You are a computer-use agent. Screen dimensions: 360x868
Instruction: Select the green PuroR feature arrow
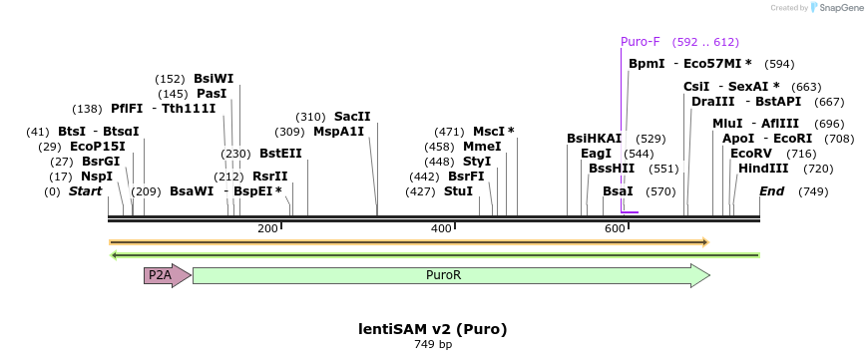(449, 275)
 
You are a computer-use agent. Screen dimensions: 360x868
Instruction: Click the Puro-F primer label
(641, 42)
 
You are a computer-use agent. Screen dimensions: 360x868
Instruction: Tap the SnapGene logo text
(840, 8)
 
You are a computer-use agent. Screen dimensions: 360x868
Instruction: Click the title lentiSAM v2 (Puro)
(433, 328)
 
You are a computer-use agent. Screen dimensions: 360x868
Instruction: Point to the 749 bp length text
(433, 345)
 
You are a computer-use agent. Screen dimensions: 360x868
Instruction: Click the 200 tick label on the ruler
(267, 229)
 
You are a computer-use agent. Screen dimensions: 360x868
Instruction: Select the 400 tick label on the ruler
(441, 229)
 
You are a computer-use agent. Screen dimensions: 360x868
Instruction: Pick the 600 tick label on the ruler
(615, 229)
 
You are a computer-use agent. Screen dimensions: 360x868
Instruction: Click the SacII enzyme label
(352, 116)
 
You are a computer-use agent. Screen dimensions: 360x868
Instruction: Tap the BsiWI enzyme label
(214, 79)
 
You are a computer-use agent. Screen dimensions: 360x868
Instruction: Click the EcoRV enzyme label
(751, 154)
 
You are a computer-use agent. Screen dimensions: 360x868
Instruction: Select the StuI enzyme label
(458, 190)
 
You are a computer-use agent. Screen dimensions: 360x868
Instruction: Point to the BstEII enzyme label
(280, 154)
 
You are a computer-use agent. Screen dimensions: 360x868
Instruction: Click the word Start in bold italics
(85, 190)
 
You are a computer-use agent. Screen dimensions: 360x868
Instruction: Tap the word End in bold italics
(771, 190)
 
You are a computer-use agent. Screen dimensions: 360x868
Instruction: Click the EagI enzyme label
(596, 154)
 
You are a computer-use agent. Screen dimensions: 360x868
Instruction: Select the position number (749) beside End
(813, 191)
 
